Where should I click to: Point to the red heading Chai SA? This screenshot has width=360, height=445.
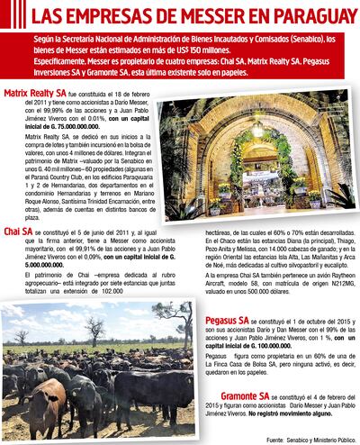pyautogui.click(x=19, y=232)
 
